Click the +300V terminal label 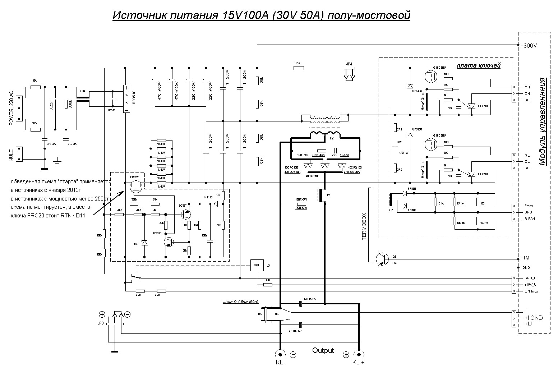pos(529,46)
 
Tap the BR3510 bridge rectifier pos(126,99)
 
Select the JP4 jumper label pos(349,64)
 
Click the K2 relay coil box pos(257,265)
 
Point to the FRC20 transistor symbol pos(135,185)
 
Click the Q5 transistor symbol pos(382,258)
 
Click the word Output pos(323,350)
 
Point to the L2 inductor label pos(328,194)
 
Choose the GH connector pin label pos(527,87)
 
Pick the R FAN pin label pos(529,219)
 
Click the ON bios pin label pos(531,291)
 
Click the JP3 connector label pos(100,323)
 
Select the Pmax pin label pos(529,206)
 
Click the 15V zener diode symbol pos(144,243)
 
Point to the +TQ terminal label pos(525,258)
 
